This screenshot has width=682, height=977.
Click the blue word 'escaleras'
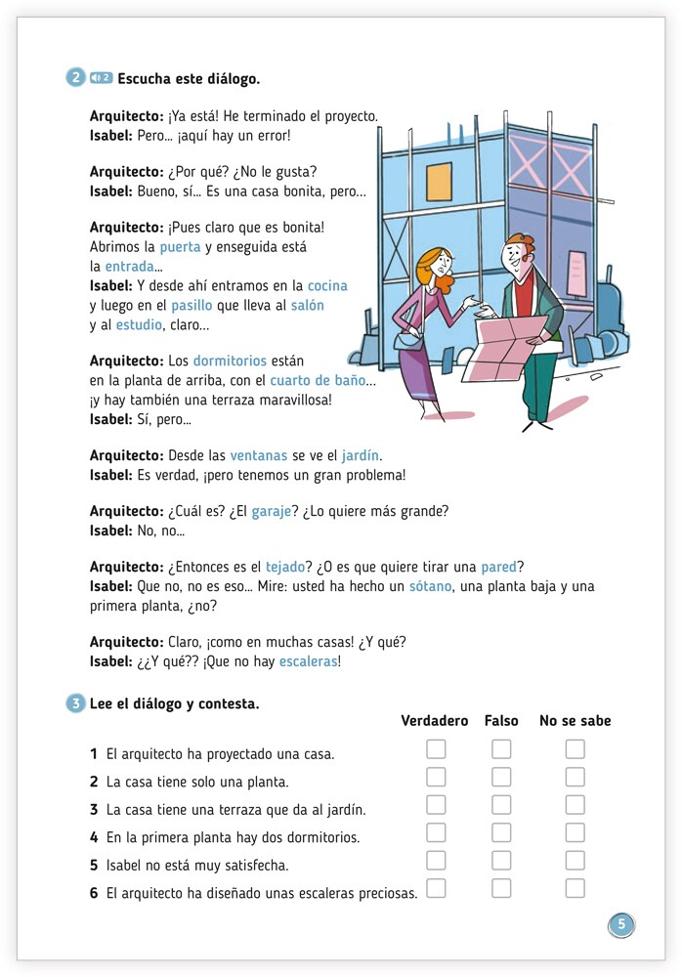click(308, 661)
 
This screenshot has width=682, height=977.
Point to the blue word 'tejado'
click(285, 567)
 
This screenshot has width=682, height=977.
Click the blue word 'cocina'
click(327, 285)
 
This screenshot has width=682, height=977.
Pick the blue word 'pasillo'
click(192, 305)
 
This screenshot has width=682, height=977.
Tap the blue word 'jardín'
click(361, 455)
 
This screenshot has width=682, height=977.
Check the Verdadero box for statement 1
click(436, 749)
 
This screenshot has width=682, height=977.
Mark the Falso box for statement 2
click(501, 777)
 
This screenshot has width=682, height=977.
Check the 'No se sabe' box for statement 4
click(575, 832)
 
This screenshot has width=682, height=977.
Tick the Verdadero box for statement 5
click(436, 860)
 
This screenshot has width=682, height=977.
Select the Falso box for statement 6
click(501, 888)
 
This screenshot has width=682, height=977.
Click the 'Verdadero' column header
click(435, 721)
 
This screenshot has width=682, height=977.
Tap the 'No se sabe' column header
click(575, 721)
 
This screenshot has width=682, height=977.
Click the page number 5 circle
click(621, 924)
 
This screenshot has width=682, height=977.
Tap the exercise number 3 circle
click(75, 703)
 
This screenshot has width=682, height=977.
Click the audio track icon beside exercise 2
click(101, 78)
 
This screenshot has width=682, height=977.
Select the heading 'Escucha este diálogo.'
click(189, 79)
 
